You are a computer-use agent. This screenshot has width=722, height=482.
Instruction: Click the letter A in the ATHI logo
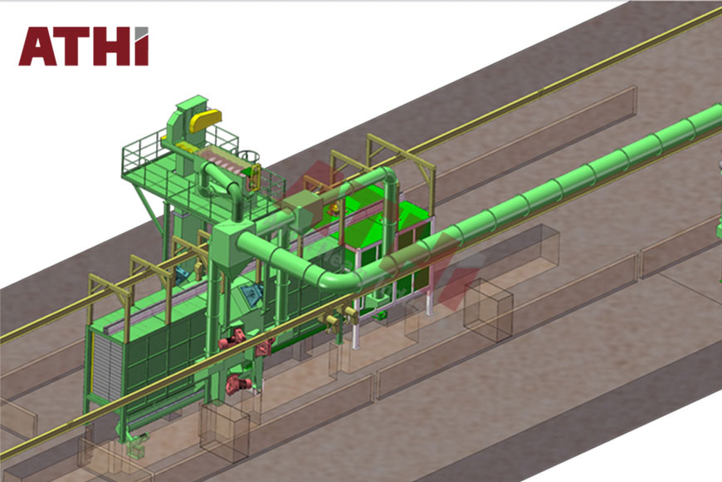click(x=38, y=47)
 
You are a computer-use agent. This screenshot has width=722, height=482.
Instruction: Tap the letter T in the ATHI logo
click(x=73, y=47)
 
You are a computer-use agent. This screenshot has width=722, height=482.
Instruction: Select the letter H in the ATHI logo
click(x=111, y=47)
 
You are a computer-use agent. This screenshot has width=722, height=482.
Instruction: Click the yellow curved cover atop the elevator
click(x=204, y=120)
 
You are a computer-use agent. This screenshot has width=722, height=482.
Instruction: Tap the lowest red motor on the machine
click(x=238, y=384)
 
